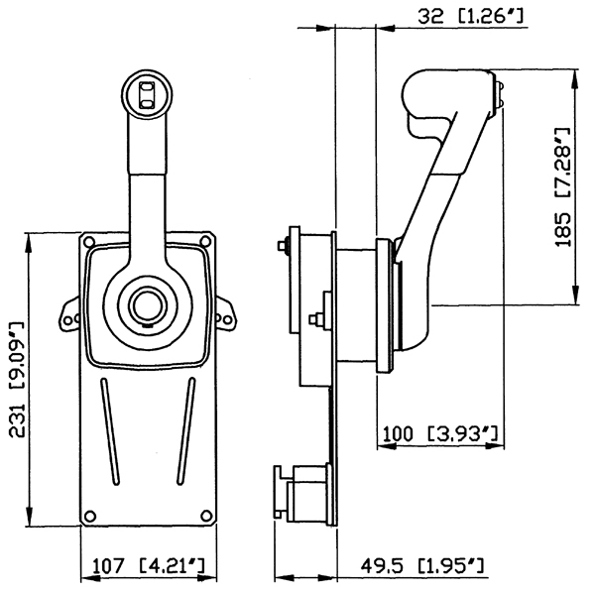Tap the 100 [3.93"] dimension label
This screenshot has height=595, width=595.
[x=439, y=433]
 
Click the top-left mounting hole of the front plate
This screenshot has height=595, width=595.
[x=90, y=242]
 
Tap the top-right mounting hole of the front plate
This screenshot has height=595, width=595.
[x=205, y=242]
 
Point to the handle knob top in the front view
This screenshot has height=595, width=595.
[x=147, y=96]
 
